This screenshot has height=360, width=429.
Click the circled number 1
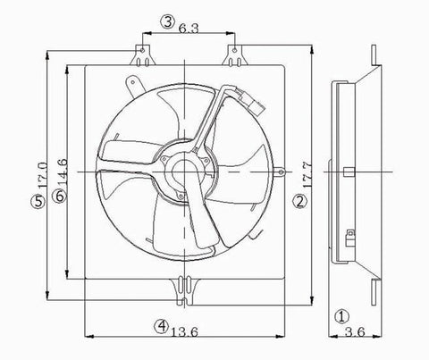pyautogui.click(x=341, y=315)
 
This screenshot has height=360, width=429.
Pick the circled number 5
pyautogui.click(x=37, y=203)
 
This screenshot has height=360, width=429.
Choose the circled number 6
pyautogui.click(x=58, y=197)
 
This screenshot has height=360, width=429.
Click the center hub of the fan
pyautogui.click(x=184, y=170)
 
